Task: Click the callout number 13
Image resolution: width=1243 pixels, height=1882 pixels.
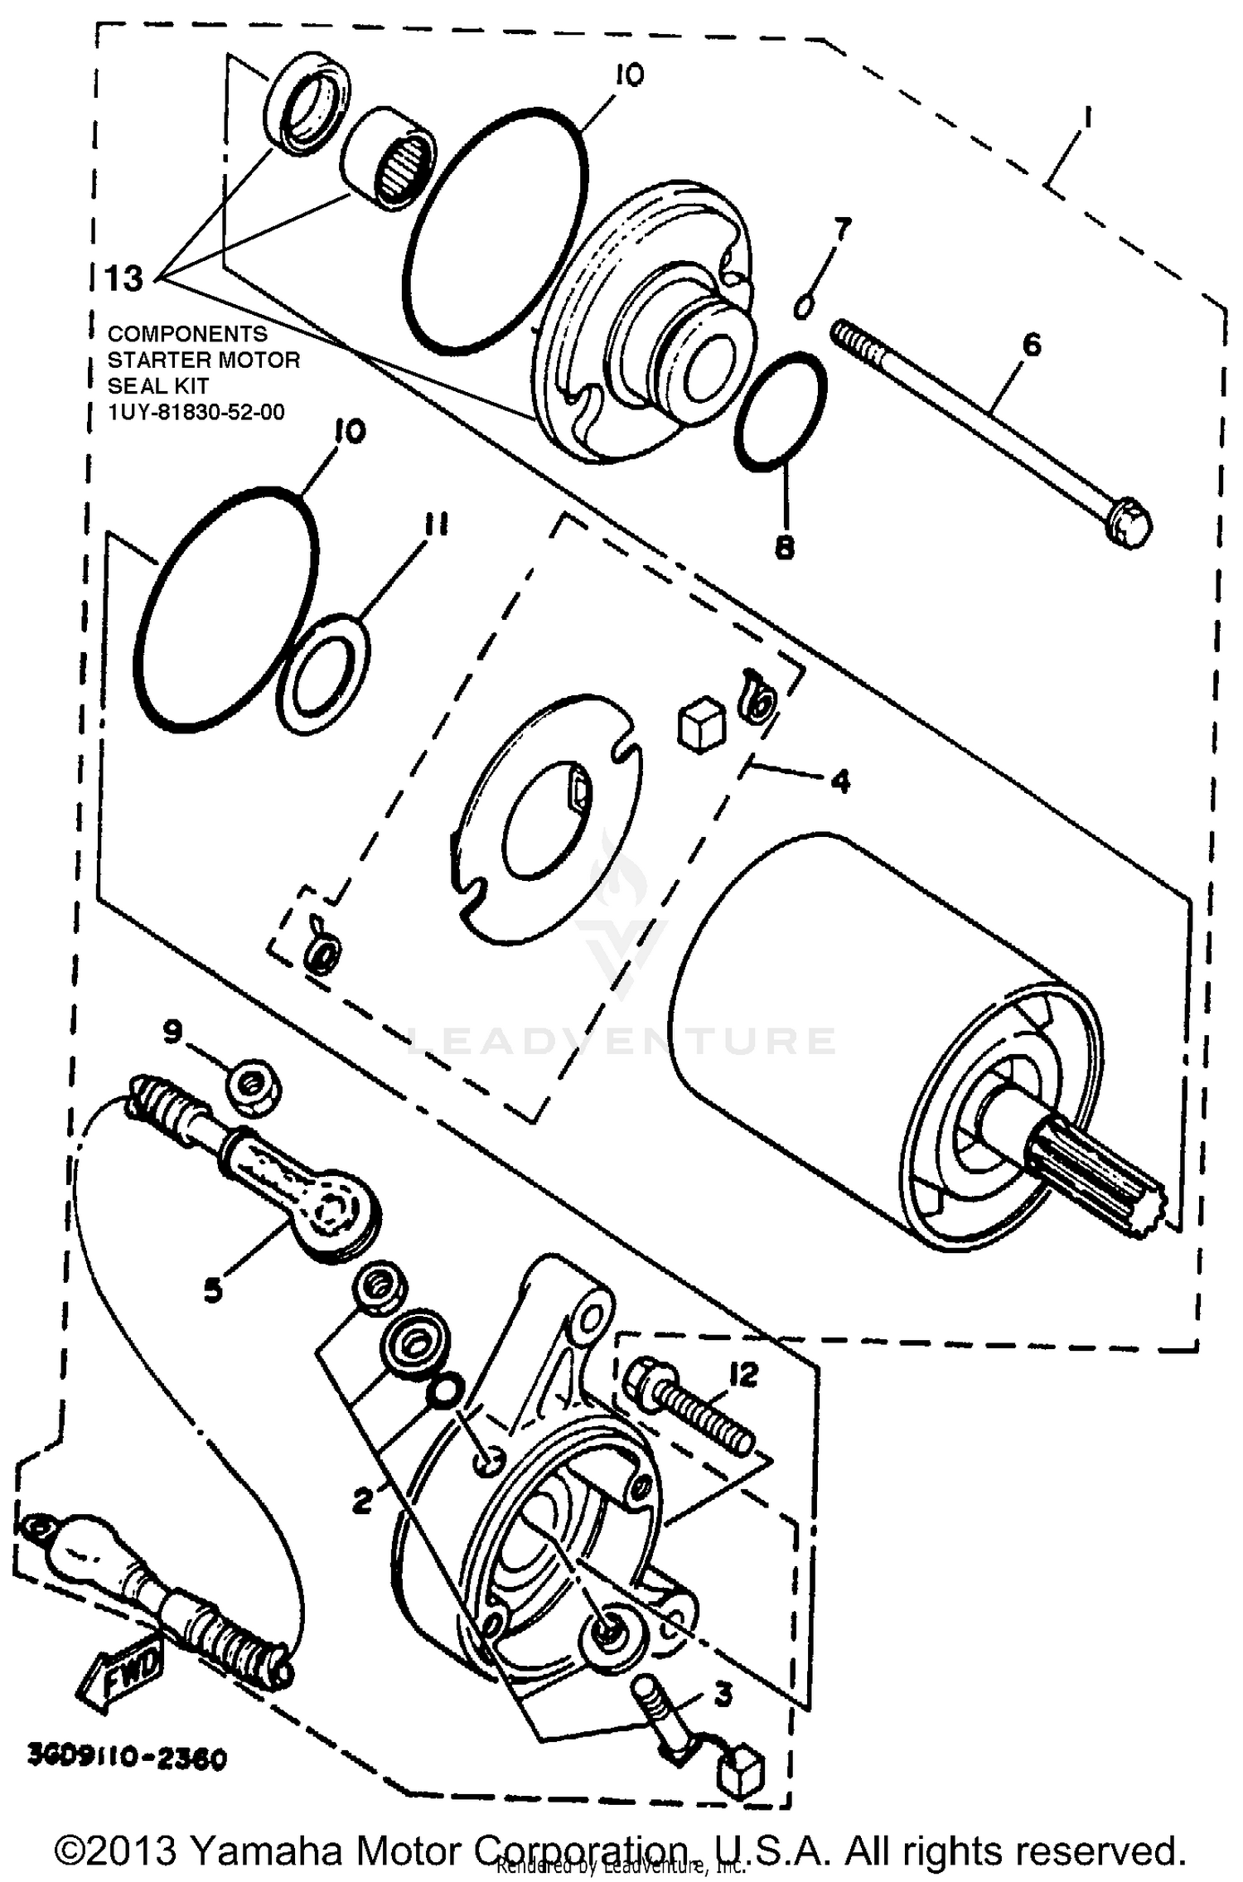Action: click(124, 278)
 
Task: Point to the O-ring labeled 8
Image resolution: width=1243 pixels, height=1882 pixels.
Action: click(780, 412)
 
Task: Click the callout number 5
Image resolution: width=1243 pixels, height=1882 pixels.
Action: click(213, 1289)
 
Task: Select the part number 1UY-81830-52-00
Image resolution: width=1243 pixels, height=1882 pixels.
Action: click(196, 412)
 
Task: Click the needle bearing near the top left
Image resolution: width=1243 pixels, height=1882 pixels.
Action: click(389, 157)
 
